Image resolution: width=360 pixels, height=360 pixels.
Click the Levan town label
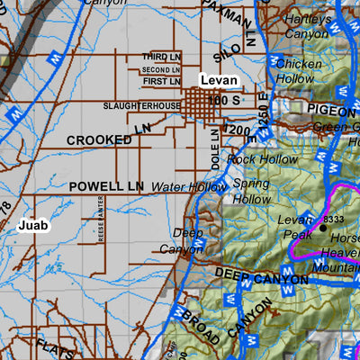tap(219, 81)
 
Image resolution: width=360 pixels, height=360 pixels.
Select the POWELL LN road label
tap(106, 186)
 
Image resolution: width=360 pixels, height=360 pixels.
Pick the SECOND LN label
tap(161, 69)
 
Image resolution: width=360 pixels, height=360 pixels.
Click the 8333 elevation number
tap(332, 219)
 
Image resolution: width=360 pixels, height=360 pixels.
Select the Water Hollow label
tap(189, 187)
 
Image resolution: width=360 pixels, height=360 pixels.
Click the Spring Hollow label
tap(252, 190)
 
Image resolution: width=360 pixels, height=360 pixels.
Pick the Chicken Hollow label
tap(298, 72)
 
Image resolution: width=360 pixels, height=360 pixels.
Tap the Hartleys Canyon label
tap(307, 26)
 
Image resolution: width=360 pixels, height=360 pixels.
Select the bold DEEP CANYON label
tap(261, 277)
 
